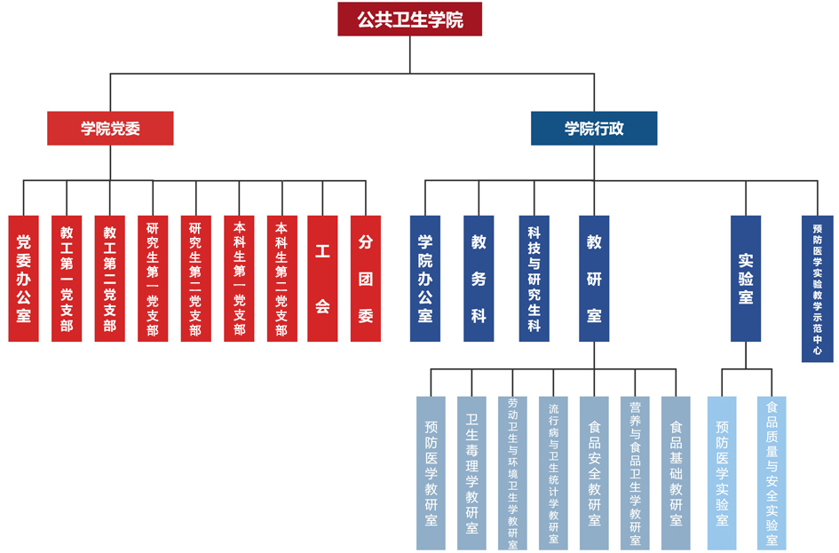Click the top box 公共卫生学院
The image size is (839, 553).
[409, 19]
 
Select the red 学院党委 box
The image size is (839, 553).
[110, 128]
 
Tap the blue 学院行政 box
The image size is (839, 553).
[594, 128]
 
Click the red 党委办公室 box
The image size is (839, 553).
[24, 278]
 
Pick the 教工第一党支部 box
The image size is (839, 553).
[67, 278]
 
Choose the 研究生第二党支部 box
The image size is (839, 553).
[195, 278]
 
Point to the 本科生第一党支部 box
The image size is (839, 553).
[238, 278]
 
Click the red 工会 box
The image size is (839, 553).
[322, 278]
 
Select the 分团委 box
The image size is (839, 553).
[366, 278]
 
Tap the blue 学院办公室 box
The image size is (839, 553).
[424, 278]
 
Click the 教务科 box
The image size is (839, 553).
[479, 278]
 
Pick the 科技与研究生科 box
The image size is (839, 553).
[534, 278]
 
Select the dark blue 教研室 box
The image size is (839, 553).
[594, 278]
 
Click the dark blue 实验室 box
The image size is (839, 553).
[746, 278]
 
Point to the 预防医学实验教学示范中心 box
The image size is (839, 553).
[817, 288]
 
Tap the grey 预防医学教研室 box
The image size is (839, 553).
[431, 472]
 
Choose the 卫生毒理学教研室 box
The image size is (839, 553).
[471, 472]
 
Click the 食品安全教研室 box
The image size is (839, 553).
[594, 472]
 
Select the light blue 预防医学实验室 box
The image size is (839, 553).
[722, 472]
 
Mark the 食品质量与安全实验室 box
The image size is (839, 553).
[772, 472]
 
